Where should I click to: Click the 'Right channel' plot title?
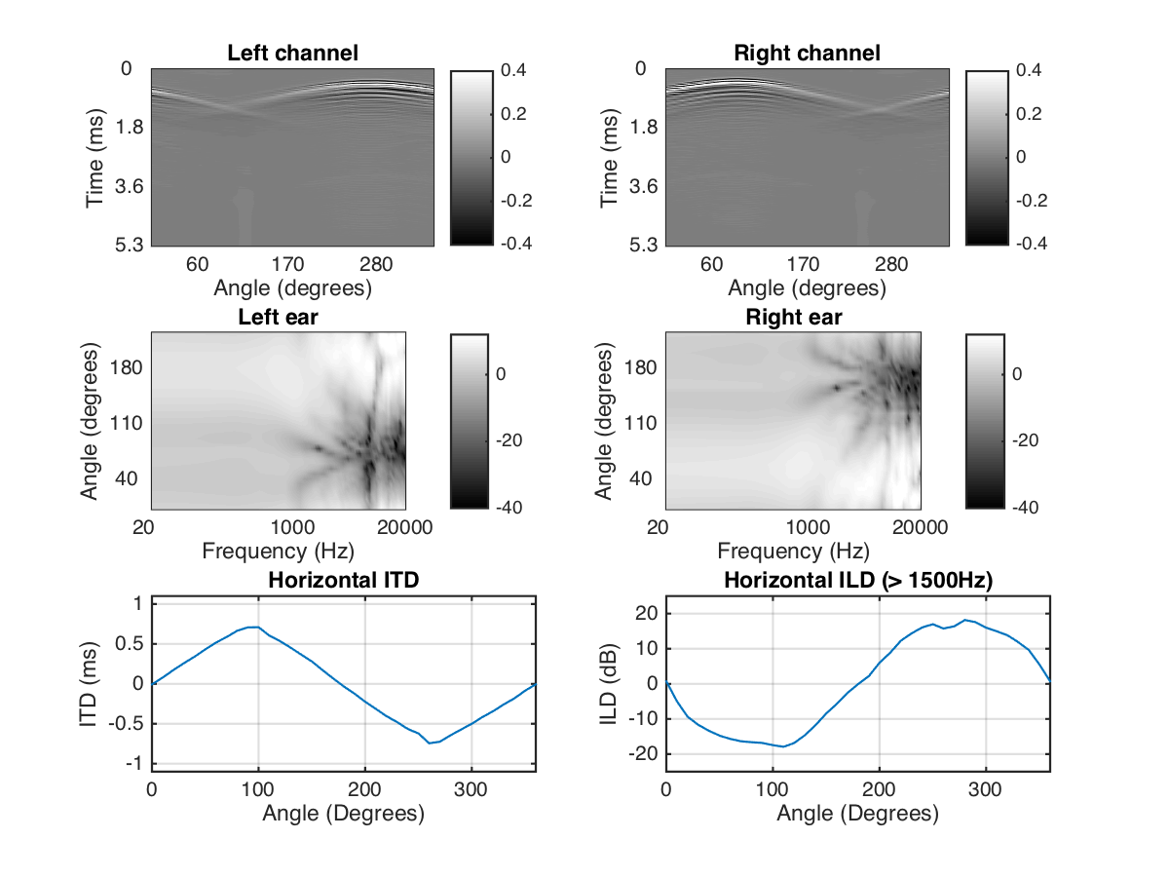[x=807, y=53]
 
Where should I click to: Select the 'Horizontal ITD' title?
[x=343, y=582]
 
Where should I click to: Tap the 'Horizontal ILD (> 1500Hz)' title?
[x=857, y=582]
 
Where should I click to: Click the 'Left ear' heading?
[x=279, y=318]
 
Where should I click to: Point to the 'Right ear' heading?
[x=794, y=318]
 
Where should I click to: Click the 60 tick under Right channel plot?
[x=712, y=264]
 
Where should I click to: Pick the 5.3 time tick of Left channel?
[x=131, y=244]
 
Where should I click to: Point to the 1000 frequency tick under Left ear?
[x=292, y=527]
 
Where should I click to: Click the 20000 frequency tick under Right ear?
[x=921, y=527]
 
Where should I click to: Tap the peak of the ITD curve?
[x=253, y=627]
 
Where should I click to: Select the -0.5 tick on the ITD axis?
[x=128, y=723]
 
